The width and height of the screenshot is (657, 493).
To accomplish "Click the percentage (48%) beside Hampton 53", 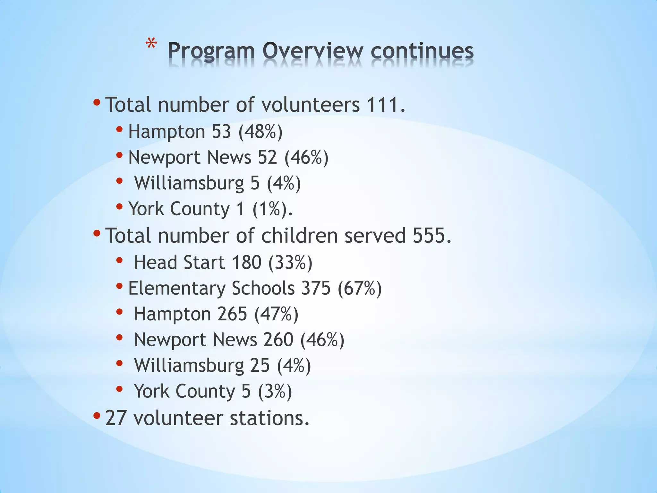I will point(260,132).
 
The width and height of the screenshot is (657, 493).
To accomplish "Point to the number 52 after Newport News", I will point(267,157).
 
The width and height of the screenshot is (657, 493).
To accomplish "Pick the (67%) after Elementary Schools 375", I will point(360,288).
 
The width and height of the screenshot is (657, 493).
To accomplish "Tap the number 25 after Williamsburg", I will point(260,365).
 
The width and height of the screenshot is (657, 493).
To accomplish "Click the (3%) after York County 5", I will point(275,391).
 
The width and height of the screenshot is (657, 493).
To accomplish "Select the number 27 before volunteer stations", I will point(115,418).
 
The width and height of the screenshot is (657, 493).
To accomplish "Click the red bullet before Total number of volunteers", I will point(97,103).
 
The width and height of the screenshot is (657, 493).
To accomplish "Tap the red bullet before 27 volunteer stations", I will point(97,416).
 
